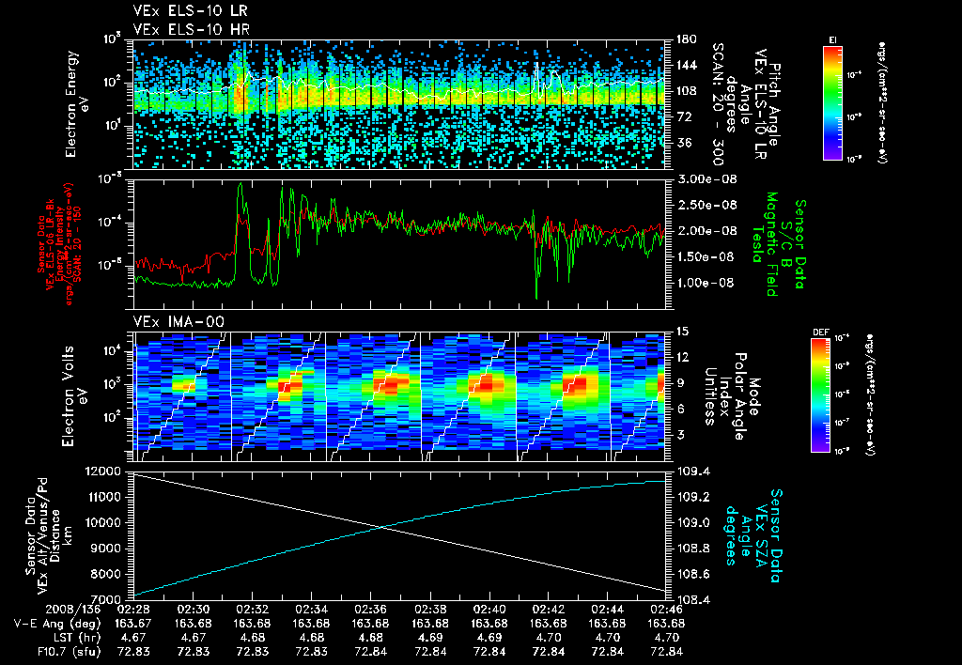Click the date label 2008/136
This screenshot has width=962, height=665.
36,610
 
